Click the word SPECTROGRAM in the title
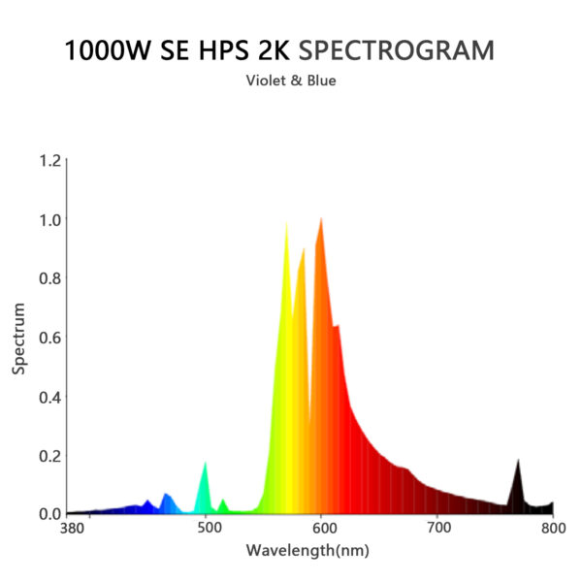(x=411, y=50)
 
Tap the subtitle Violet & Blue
(x=292, y=81)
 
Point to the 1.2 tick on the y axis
(x=49, y=161)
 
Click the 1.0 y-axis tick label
(x=49, y=220)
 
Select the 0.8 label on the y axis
(x=49, y=279)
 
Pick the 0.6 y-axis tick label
(x=49, y=338)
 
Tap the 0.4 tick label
(x=49, y=397)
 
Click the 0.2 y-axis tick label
(x=49, y=456)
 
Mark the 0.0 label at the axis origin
(x=49, y=514)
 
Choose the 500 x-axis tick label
(x=208, y=529)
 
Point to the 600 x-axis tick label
(x=323, y=529)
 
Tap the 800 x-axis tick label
(x=553, y=529)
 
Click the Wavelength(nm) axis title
(x=307, y=551)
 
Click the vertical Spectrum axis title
(x=18, y=338)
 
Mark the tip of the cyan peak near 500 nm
(x=206, y=463)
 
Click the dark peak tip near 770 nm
(x=518, y=460)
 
